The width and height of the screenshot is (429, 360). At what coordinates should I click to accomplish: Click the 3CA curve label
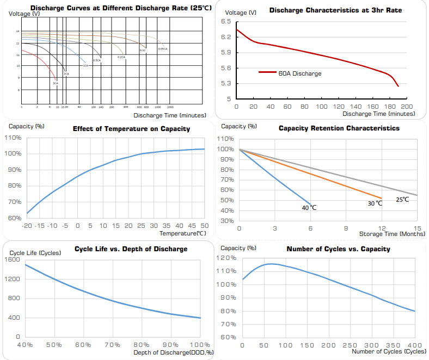click(56, 83)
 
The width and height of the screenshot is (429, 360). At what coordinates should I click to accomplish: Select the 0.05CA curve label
click(162, 49)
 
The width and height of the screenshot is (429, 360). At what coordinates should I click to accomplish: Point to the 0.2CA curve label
click(121, 57)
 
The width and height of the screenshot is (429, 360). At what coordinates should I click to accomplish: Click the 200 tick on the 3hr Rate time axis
click(407, 107)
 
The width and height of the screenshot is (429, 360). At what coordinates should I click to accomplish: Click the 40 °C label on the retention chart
click(310, 208)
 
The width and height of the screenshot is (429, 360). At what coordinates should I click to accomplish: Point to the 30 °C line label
click(375, 203)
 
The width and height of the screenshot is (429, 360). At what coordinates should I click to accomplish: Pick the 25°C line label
click(402, 200)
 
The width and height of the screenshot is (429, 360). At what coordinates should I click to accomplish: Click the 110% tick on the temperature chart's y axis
click(13, 138)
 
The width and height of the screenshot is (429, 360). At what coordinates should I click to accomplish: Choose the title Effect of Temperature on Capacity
click(131, 129)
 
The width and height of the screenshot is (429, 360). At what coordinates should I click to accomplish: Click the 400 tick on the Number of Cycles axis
click(415, 345)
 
